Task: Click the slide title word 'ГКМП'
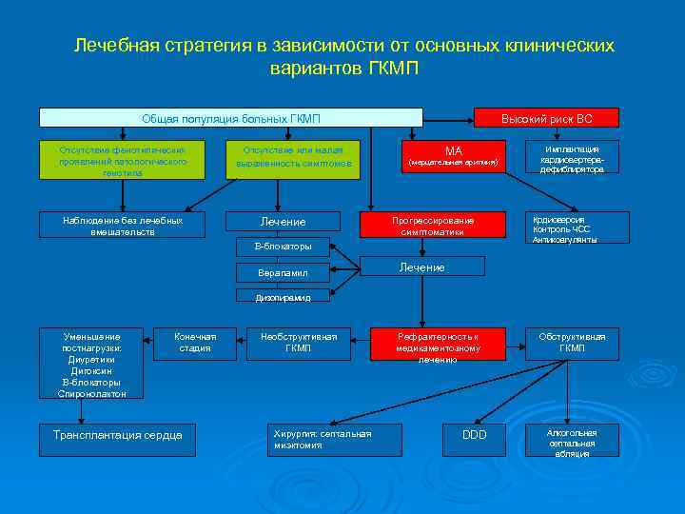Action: pyautogui.click(x=392, y=69)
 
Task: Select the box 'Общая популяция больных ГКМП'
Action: pyautogui.click(x=230, y=118)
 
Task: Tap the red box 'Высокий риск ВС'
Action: pyautogui.click(x=547, y=118)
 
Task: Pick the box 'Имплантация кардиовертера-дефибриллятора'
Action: pyautogui.click(x=572, y=158)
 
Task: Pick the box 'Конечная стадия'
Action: pyautogui.click(x=195, y=343)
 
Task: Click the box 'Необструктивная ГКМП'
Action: pyautogui.click(x=298, y=343)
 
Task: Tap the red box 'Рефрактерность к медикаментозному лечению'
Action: pyautogui.click(x=438, y=348)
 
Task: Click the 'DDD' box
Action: pyautogui.click(x=474, y=435)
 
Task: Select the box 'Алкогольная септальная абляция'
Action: pyautogui.click(x=572, y=442)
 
